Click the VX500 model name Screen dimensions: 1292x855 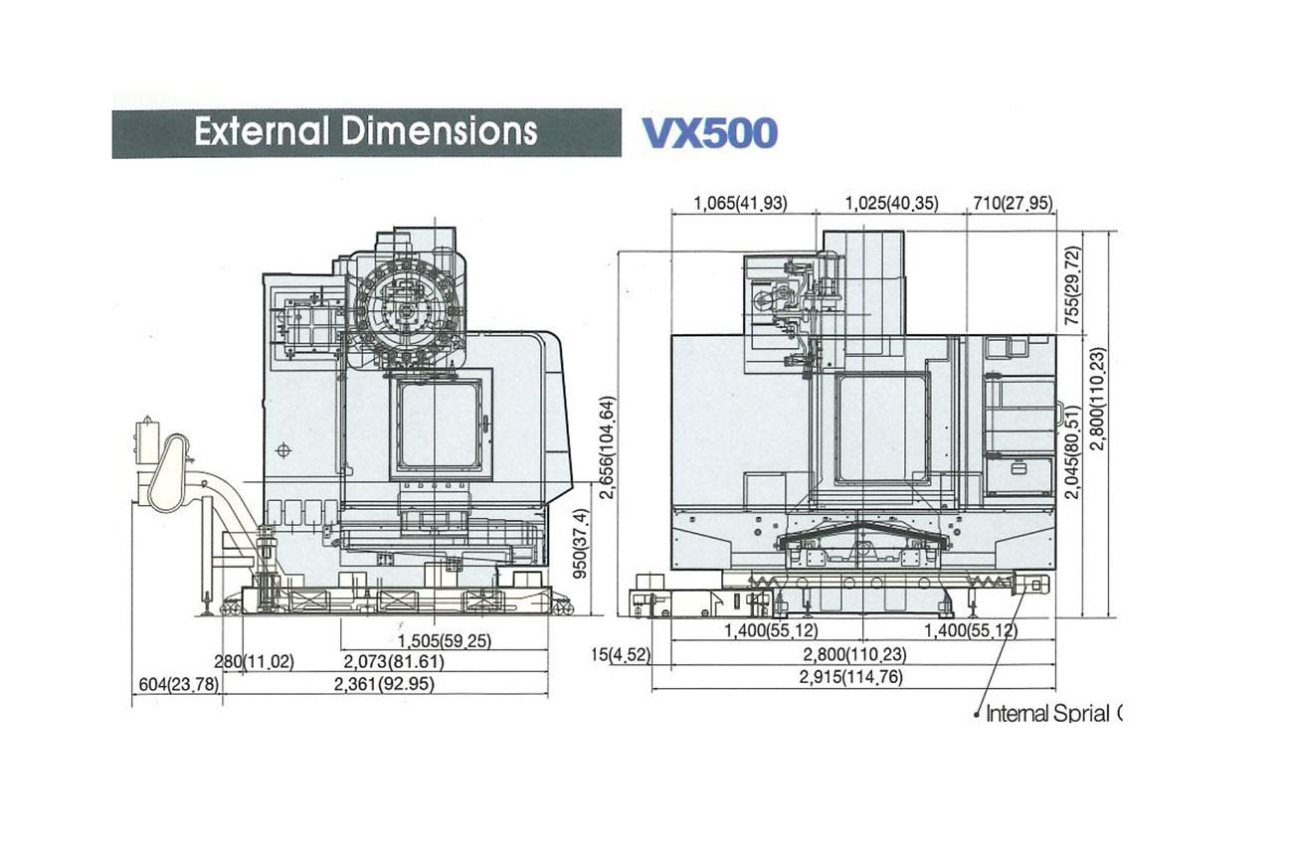tap(710, 134)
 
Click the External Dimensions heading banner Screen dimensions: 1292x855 tap(367, 132)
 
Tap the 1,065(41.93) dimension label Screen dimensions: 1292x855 tap(740, 204)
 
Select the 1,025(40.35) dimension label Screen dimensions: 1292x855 tap(892, 204)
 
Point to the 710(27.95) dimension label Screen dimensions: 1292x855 tap(1013, 204)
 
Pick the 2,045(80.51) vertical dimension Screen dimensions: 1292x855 tap(1072, 452)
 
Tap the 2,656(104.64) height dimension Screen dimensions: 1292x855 tap(608, 446)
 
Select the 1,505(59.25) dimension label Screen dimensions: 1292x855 tap(445, 641)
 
